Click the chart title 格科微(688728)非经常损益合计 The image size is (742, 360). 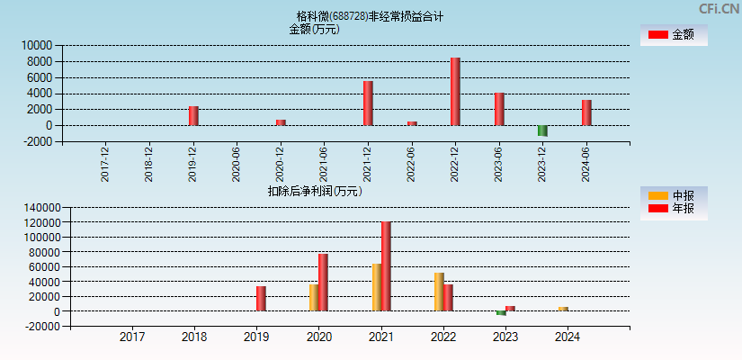tap(370, 16)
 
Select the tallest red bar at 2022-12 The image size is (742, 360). tap(455, 92)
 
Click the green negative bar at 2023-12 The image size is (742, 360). tap(542, 130)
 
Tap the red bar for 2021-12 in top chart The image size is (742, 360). tap(368, 103)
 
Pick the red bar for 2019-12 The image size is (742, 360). tap(193, 116)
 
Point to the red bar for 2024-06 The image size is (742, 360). tap(586, 112)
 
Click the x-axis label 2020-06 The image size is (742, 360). tap(237, 165)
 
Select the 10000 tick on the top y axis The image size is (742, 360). tap(37, 45)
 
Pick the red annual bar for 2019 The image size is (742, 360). tap(261, 299)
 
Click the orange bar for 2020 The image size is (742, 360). tap(314, 298)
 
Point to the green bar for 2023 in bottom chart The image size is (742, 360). tap(501, 313)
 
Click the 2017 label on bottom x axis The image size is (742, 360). tap(132, 337)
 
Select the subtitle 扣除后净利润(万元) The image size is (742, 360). tap(315, 191)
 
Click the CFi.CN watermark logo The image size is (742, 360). tap(720, 8)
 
